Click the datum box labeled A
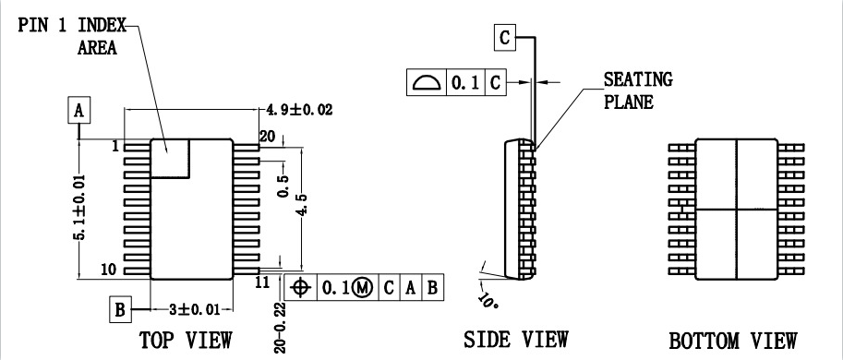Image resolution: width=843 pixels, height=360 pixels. pos(79,110)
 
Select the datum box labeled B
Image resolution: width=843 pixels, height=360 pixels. pos(120,309)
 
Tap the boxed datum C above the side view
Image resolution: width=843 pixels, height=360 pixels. pos(505,38)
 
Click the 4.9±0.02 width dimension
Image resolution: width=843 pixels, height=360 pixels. pos(299,110)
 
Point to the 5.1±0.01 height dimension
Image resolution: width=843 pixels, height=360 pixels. pos(79,207)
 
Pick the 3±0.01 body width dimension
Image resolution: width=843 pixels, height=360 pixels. pos(195,309)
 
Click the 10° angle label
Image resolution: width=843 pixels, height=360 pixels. pos(488,300)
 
